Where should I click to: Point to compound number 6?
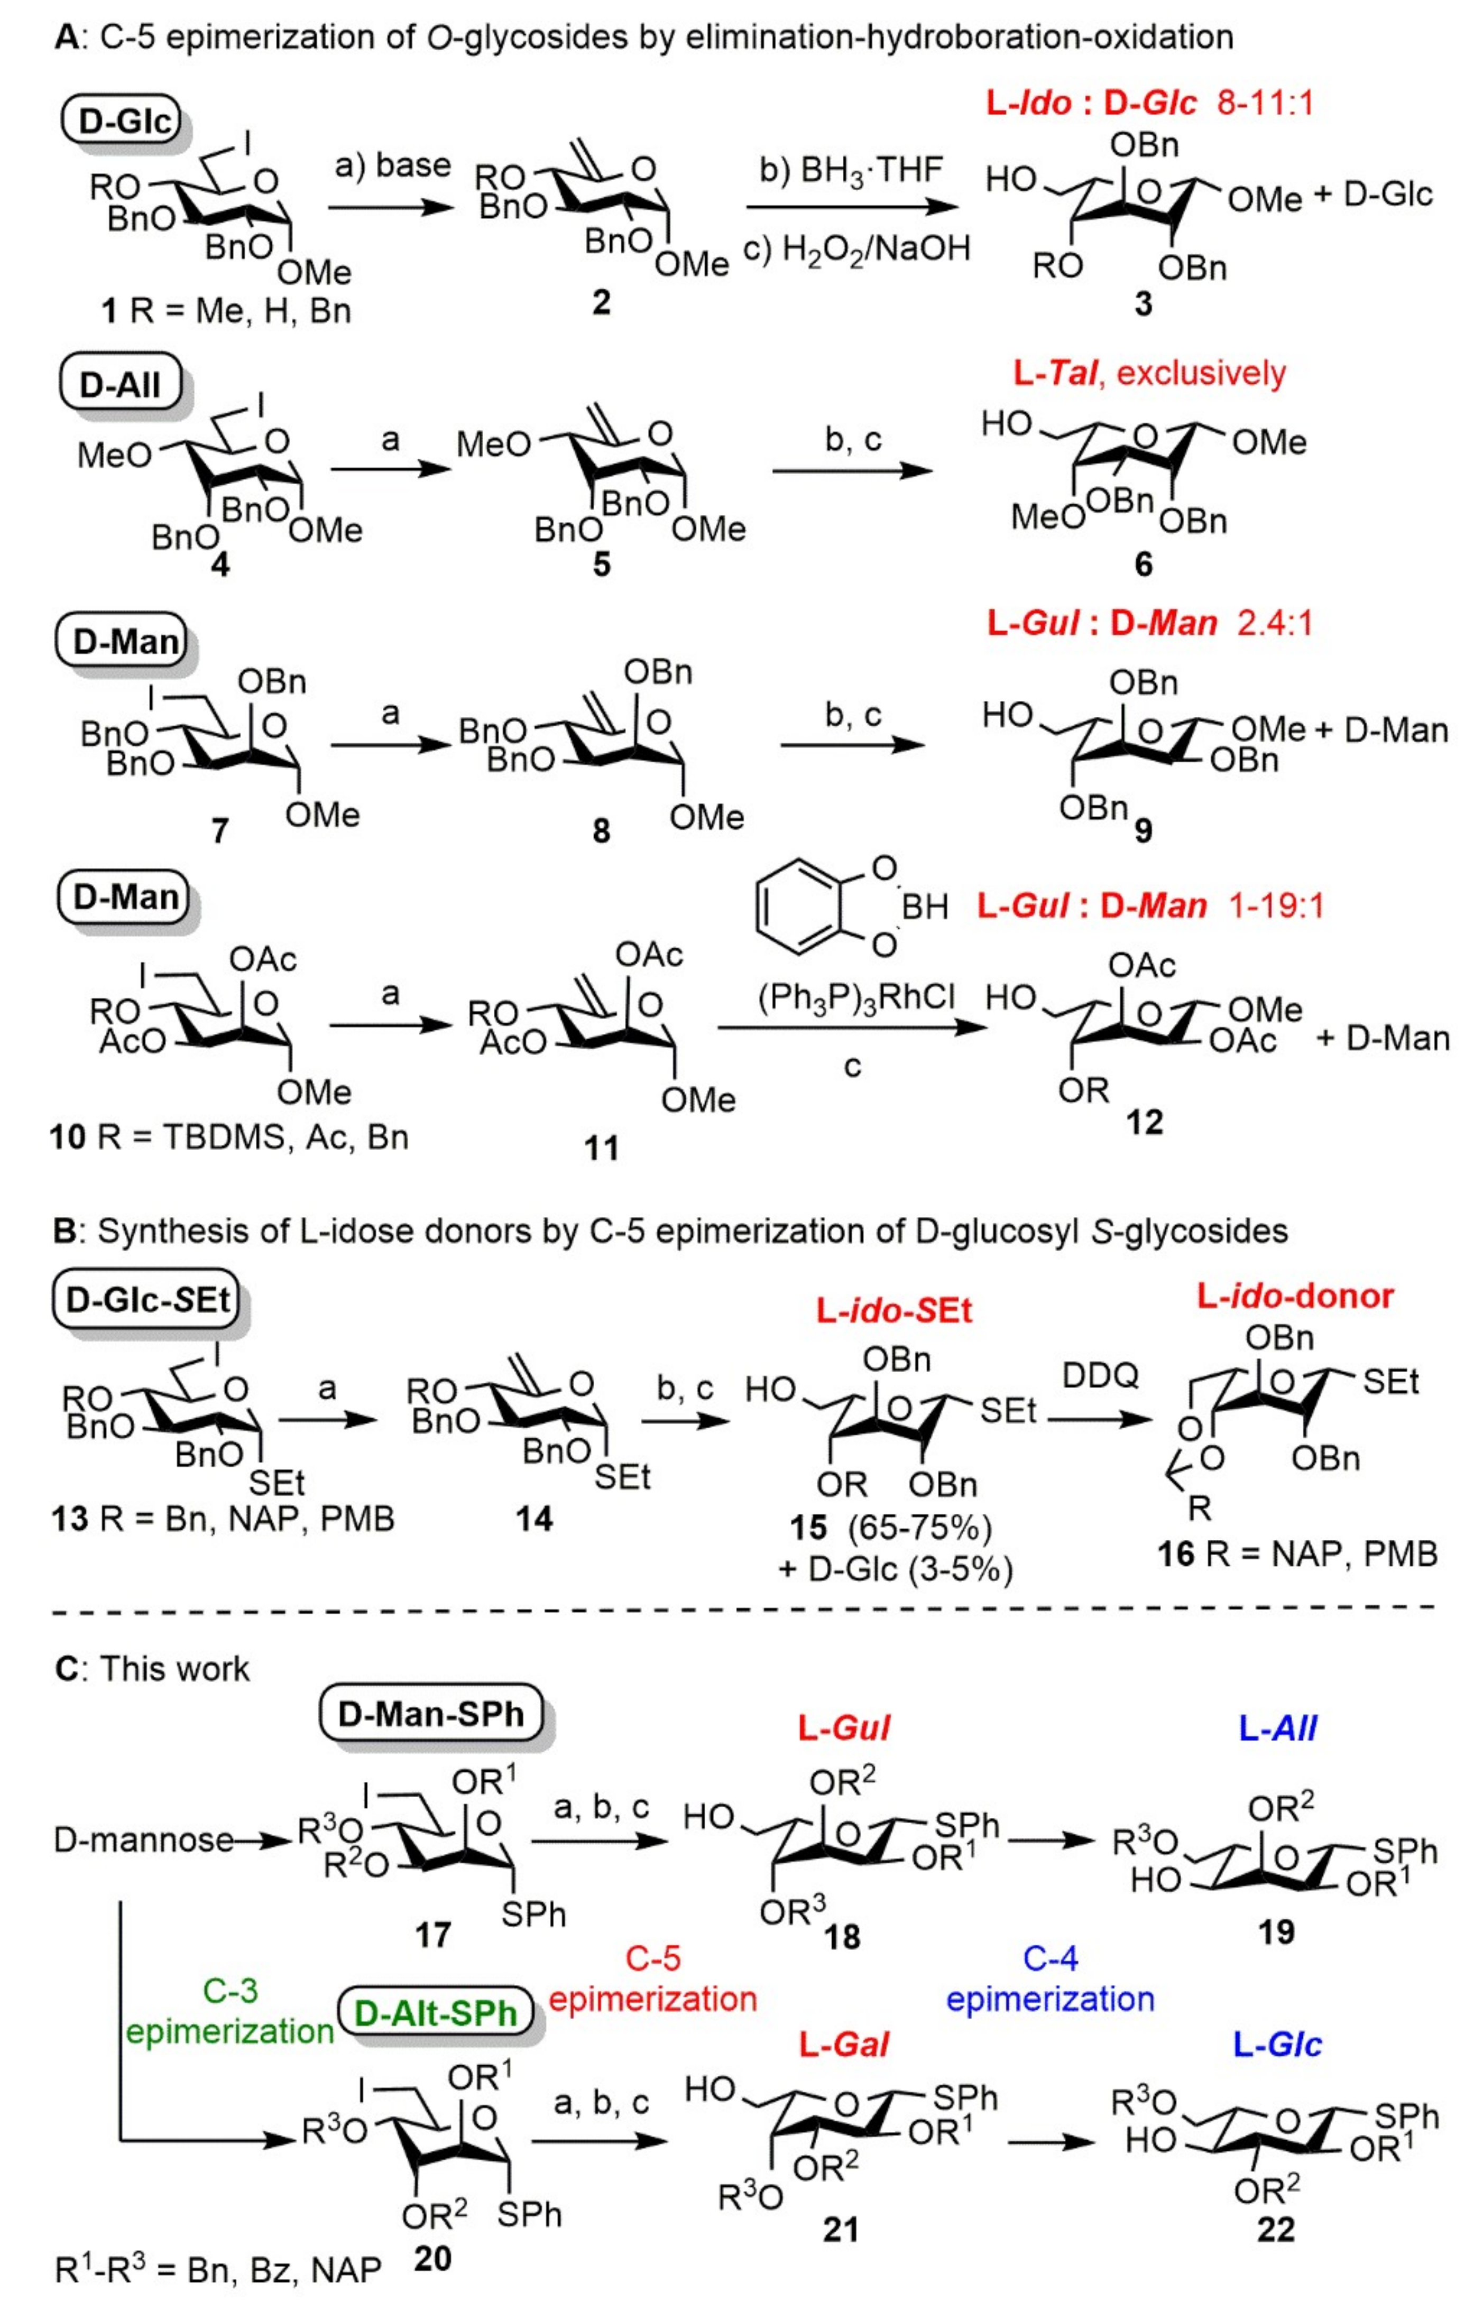coord(1143,564)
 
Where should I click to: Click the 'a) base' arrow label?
coord(392,165)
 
